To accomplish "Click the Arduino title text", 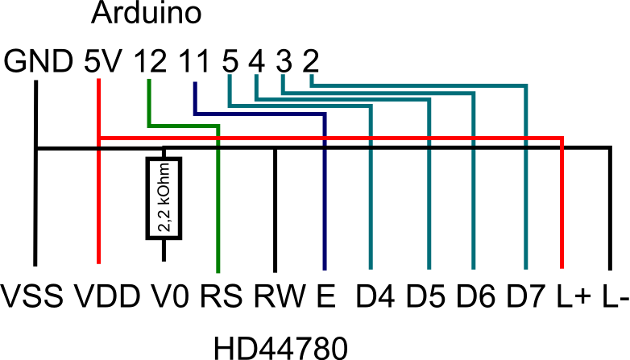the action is coord(147,12).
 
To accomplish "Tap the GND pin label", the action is coord(39,61).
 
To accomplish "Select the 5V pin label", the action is coord(102,61).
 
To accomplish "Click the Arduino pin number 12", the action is coord(151,61).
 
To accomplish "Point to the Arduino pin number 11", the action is coord(194,61).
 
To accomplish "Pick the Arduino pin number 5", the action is coord(230,61).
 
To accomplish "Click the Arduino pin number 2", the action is coord(311,61).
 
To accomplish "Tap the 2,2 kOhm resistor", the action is coord(164,198).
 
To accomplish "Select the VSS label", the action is coord(32,296).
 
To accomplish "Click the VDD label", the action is coord(108,296).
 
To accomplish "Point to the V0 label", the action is coord(170,296).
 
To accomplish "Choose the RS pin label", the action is coord(222,296).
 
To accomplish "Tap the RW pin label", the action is coord(280,296).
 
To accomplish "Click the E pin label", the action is coord(326,296).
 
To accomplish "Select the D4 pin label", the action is coord(375,296).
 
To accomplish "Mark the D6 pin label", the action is coord(475,296).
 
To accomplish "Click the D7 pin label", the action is coord(525,296).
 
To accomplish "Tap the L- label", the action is coord(615,296).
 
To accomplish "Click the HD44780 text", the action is coord(280,348).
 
